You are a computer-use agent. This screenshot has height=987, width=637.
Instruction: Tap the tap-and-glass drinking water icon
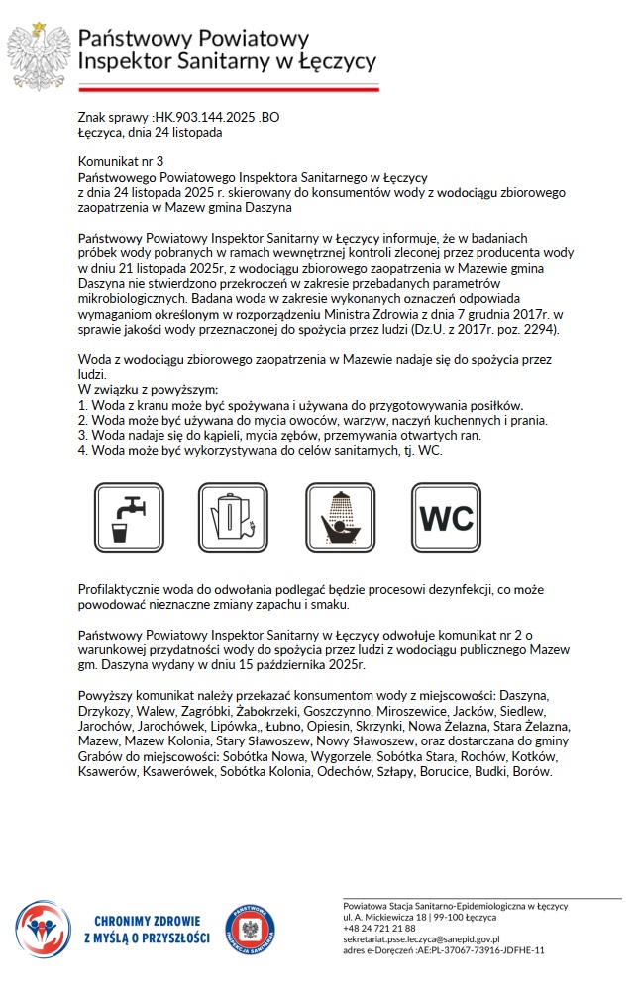click(129, 517)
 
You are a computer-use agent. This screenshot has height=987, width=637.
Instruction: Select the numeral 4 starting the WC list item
click(82, 450)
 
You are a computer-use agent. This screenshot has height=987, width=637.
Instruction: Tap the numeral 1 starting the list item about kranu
click(82, 406)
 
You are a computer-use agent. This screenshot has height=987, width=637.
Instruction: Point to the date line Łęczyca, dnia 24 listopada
click(150, 131)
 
